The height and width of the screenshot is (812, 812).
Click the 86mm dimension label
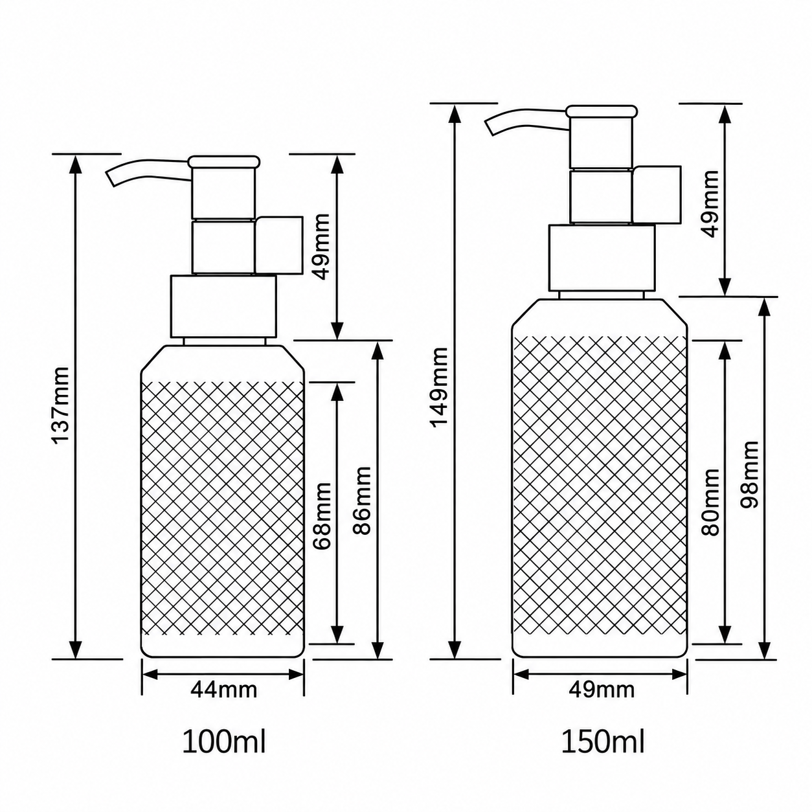363,500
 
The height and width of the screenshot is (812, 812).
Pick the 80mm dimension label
710,501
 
